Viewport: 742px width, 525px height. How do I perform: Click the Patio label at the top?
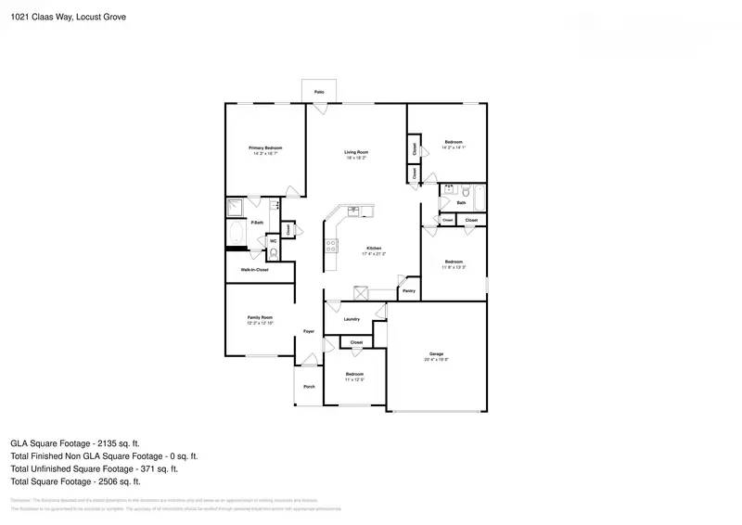319,93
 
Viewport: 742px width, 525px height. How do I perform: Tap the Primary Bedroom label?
265,148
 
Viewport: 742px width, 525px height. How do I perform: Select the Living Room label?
356,152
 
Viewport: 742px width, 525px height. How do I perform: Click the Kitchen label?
374,248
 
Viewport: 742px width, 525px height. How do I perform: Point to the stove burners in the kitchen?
330,246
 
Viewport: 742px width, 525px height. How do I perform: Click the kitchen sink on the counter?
353,211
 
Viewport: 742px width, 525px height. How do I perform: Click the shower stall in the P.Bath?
236,208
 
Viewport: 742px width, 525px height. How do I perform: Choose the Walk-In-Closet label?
254,269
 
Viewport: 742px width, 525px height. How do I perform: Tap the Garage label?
436,353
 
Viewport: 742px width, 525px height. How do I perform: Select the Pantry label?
409,290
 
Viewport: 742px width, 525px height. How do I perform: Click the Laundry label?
352,319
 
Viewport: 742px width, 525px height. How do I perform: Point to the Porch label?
309,386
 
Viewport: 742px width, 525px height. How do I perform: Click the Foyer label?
309,331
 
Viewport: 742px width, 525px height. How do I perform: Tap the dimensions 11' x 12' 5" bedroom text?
354,379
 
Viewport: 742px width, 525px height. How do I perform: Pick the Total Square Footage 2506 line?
75,481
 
